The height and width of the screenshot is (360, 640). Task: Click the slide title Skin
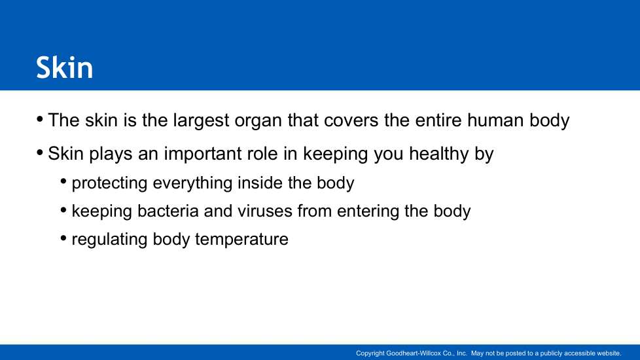click(65, 68)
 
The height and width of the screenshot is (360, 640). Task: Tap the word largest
click(201, 121)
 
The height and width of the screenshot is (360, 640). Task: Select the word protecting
click(109, 183)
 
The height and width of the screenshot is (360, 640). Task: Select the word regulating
click(109, 240)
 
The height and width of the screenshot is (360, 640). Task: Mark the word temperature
click(241, 240)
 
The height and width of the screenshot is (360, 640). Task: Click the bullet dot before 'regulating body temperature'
click(63, 238)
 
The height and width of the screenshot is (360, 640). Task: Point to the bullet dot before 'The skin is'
click(40, 119)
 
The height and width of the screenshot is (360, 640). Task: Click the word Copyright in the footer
click(370, 353)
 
